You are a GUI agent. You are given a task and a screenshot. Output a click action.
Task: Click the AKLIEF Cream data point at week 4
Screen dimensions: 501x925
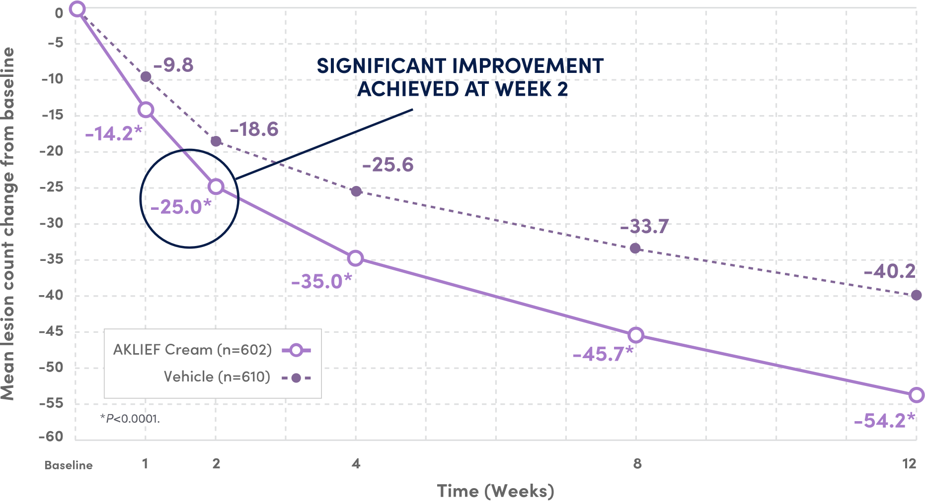356,258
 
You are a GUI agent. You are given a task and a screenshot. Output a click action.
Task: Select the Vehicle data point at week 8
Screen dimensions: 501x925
635,248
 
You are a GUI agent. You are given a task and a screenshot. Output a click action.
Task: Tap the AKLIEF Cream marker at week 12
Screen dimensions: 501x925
917,395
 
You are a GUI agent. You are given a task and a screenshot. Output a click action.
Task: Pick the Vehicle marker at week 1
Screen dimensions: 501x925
146,76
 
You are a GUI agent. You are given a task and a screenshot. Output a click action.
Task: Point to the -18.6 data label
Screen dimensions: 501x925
254,129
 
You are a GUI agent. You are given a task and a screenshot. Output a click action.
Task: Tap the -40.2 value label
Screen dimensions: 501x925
890,271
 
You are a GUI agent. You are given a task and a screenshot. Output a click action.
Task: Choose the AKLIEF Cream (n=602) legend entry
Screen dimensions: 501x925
193,350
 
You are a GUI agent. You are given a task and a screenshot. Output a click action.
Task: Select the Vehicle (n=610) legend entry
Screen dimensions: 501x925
217,377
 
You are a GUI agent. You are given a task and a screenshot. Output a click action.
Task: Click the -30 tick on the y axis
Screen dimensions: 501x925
52,223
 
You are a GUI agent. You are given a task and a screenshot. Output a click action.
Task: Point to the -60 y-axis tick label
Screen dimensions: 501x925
52,437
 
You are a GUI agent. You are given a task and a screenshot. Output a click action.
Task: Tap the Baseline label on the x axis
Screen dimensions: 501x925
69,465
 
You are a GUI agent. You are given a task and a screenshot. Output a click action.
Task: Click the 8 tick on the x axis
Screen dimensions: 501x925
637,464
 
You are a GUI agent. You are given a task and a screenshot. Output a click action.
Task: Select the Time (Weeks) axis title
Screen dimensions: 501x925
495,491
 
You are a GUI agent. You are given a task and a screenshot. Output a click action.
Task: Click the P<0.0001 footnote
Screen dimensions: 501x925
130,419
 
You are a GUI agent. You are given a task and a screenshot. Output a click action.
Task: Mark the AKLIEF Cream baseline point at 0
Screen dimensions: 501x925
77,8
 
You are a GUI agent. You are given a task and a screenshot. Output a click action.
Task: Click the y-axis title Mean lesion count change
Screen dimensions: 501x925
8,223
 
